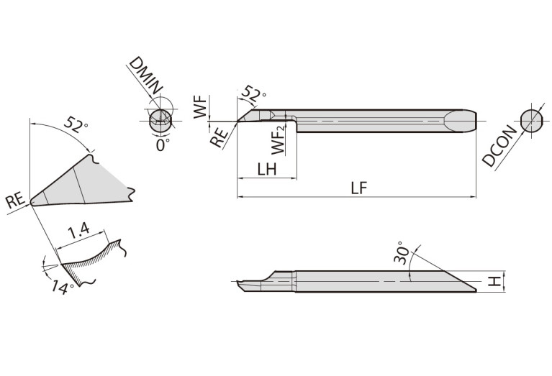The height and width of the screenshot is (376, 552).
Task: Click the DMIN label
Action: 146,76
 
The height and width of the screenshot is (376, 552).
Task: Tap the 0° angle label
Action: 163,145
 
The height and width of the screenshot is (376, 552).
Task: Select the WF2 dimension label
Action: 278,141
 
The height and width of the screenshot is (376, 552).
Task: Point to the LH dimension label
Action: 267,169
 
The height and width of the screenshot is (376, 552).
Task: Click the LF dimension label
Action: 358,188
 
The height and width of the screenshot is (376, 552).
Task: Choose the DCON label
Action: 500,146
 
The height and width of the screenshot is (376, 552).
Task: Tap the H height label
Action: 495,281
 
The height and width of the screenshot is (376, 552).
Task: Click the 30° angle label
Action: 402,253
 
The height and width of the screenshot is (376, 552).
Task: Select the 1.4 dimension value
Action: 79,231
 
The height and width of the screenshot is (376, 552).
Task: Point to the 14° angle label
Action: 63,288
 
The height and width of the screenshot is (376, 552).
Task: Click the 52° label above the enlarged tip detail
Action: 76,124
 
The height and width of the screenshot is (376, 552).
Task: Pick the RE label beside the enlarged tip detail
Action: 16,201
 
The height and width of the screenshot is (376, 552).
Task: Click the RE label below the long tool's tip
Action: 219,137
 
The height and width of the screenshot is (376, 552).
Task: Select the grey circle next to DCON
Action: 531,120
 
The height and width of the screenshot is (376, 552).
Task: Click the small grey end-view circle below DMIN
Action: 160,121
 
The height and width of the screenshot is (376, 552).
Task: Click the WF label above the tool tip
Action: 200,107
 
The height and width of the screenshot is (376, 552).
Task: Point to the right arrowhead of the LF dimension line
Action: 473,197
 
